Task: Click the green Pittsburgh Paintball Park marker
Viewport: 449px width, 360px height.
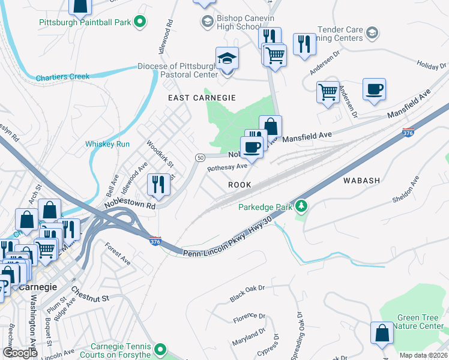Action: [x=140, y=23]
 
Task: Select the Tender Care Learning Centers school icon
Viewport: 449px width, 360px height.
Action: [x=372, y=32]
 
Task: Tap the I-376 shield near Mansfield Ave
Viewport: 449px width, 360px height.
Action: [x=408, y=133]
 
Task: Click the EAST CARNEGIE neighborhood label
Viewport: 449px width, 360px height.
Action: [x=201, y=97]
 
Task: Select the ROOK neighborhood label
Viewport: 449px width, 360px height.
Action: [x=239, y=185]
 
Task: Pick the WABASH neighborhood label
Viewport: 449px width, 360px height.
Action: [x=361, y=180]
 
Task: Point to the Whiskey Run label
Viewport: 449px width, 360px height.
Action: [x=107, y=144]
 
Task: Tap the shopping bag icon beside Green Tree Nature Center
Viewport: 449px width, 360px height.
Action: [x=382, y=334]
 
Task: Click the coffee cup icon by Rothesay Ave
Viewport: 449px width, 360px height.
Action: [x=252, y=146]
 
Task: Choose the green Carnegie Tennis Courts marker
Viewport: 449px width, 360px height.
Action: [x=160, y=349]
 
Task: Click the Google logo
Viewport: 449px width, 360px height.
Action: [x=20, y=353]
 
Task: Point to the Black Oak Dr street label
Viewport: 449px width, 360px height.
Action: [x=247, y=293]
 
